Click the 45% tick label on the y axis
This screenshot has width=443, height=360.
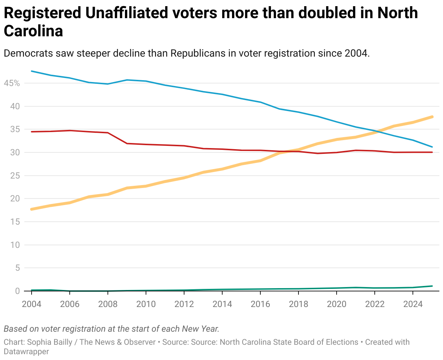(12, 83)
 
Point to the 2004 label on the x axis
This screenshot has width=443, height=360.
(32, 304)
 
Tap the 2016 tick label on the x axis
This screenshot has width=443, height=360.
(260, 304)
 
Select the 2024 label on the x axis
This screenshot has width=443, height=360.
(413, 304)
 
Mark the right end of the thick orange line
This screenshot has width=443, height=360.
(432, 117)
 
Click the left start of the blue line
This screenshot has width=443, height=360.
(32, 71)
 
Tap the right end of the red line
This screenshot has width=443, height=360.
(432, 152)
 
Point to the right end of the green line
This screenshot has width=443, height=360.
(432, 286)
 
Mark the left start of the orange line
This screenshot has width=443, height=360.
(32, 209)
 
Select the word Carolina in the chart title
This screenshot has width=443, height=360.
(33, 31)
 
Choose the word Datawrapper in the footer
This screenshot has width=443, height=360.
(26, 352)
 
